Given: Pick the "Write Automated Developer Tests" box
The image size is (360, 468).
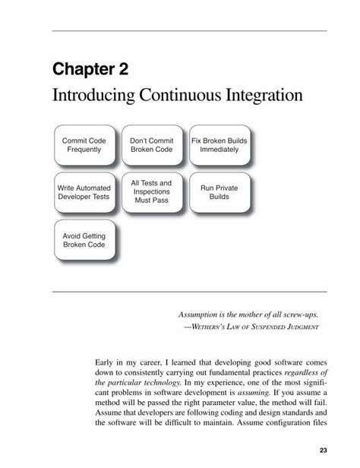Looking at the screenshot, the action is click(84, 191).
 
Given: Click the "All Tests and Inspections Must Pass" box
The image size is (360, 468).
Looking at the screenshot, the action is click(151, 191).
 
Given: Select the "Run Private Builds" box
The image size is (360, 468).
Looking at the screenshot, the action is click(219, 191).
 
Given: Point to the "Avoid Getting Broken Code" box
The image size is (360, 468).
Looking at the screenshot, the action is click(84, 241).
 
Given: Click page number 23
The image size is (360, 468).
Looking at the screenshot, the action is click(324, 450).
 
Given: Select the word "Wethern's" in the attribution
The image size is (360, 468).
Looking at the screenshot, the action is click(210, 327).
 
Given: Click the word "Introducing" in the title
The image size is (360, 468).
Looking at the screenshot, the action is click(90, 96).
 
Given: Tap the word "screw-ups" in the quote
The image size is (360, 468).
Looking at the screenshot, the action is click(297, 313).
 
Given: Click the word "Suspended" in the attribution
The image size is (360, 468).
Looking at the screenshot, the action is click(265, 327).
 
